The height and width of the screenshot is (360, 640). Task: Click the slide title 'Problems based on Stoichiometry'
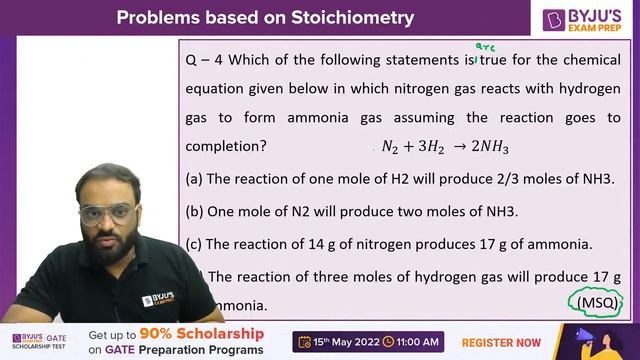[x=265, y=18]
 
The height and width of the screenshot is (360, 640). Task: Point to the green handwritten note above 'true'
[x=485, y=47]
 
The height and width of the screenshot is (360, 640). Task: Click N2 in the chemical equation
[x=390, y=146]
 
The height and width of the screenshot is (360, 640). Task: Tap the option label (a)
[x=194, y=180]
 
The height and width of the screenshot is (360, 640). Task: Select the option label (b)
[x=194, y=212]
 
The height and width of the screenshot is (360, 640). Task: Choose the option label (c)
[x=194, y=244]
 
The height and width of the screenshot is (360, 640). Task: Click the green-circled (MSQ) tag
[x=594, y=301]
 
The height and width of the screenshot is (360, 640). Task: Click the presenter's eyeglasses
[x=107, y=213]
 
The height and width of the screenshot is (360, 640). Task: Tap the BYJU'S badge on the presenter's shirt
[x=161, y=300]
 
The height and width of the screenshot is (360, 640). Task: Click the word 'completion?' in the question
[x=226, y=146]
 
